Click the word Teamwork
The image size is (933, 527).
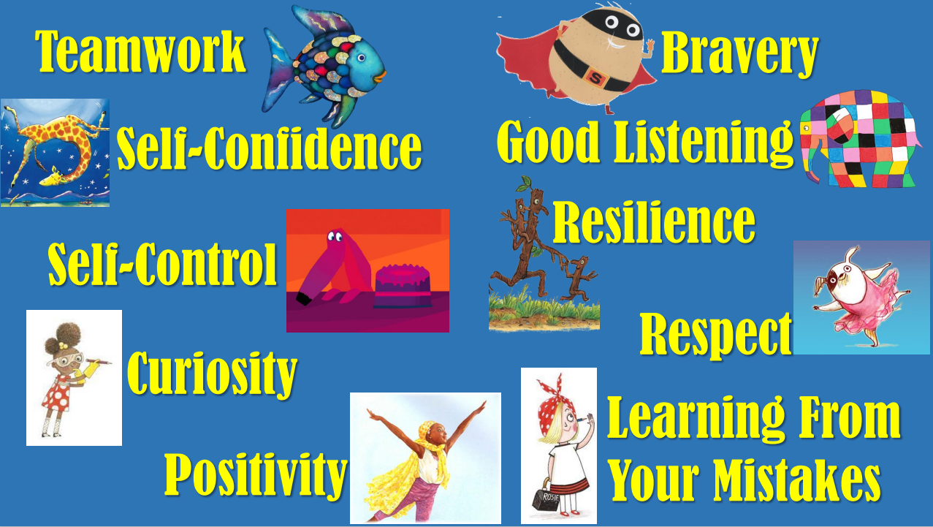pos(141,52)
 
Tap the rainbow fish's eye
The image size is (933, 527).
pos(361,58)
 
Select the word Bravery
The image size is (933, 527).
pos(739,54)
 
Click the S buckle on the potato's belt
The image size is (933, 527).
pos(595,78)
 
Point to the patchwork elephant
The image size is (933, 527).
pos(861,139)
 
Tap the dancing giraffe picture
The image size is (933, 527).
pos(55,153)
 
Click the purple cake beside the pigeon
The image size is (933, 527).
pos(403,287)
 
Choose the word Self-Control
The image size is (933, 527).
pos(162,264)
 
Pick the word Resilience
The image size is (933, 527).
pos(654,221)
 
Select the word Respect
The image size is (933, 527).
pos(715,335)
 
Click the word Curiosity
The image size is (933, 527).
pos(213,374)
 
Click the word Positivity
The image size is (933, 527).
pos(256,477)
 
